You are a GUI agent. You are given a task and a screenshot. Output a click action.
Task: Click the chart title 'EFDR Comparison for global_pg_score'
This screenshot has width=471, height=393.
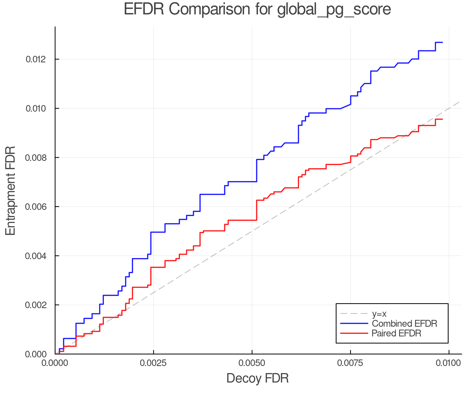pos(257,9)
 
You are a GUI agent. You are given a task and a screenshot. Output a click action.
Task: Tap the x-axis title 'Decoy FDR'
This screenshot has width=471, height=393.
pos(257,378)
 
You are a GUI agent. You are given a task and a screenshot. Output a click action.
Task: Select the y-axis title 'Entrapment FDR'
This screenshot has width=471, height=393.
pos(10,190)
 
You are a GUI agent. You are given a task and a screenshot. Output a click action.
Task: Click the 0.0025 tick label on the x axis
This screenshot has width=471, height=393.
pos(154,363)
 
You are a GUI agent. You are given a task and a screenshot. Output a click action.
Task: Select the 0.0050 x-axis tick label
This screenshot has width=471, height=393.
pos(252,363)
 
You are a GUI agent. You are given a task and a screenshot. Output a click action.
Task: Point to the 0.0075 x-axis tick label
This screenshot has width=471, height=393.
pos(350,363)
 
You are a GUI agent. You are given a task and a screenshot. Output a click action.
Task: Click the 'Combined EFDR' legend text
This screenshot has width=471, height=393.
pos(405,324)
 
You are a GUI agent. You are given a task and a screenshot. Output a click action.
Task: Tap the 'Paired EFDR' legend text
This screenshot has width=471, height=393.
pos(396,333)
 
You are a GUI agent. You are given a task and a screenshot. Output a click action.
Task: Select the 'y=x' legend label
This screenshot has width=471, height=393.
pos(379,314)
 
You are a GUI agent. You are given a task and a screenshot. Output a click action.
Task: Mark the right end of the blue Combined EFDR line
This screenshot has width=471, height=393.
pos(442,42)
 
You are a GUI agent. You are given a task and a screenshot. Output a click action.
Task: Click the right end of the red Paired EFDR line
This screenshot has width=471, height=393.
pos(442,119)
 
